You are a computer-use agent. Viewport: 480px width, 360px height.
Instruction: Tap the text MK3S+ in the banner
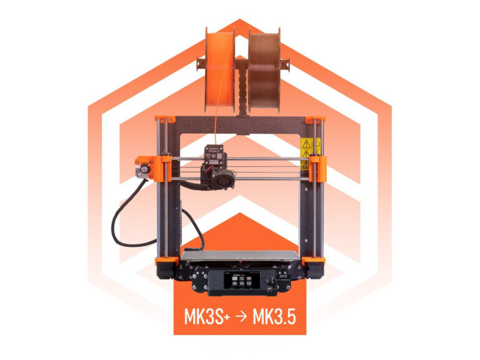coord(206,317)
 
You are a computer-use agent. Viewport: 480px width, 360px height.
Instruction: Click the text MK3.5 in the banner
coord(274,317)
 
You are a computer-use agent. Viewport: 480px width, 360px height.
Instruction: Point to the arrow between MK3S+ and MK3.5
coord(240,317)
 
